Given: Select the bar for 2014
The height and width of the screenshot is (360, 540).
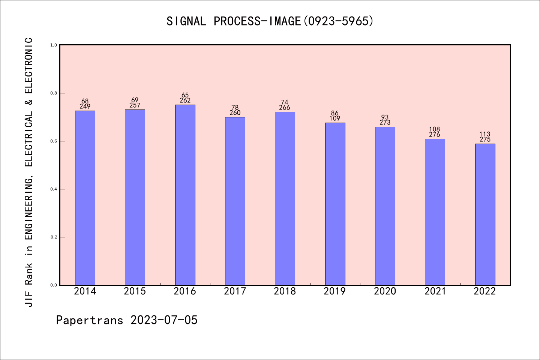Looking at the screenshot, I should click(x=85, y=198).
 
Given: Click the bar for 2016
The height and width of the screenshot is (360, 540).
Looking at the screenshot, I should click(x=185, y=195).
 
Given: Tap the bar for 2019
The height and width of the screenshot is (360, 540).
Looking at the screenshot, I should click(x=335, y=204).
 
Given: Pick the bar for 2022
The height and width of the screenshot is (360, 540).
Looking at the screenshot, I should click(x=485, y=214).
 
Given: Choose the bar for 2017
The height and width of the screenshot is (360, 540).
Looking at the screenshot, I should click(x=235, y=201).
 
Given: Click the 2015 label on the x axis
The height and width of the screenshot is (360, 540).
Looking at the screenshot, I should click(x=135, y=291).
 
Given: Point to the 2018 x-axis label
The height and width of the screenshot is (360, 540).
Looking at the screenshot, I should click(x=285, y=291).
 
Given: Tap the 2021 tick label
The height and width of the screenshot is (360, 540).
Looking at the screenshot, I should click(x=435, y=291).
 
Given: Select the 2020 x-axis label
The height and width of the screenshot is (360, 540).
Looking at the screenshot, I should click(x=385, y=291).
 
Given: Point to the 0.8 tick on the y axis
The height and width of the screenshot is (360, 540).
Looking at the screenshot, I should click(x=54, y=93).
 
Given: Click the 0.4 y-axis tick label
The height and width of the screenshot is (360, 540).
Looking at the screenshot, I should click(x=54, y=189).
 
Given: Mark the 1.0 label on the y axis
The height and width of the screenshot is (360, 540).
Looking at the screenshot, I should click(x=54, y=45).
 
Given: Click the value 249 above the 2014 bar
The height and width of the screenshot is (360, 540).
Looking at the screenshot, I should click(x=85, y=106).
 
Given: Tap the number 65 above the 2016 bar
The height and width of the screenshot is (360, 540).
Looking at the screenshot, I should click(x=185, y=95).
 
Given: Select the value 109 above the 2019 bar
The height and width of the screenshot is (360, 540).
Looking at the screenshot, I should click(x=335, y=118).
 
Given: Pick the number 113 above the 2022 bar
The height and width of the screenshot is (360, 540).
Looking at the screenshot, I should click(x=485, y=134).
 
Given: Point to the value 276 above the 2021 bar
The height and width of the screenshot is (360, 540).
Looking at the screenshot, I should click(x=435, y=135).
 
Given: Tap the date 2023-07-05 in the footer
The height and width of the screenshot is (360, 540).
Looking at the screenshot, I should click(x=164, y=320).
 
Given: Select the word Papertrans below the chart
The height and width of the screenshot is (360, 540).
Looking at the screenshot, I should click(x=90, y=320).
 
